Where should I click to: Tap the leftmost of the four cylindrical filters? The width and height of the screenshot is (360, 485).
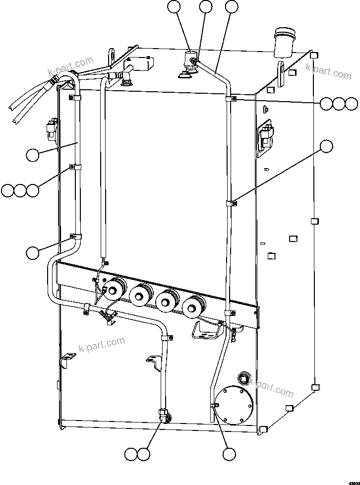click(x=115, y=290)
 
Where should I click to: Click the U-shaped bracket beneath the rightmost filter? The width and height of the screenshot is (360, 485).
click(x=205, y=330)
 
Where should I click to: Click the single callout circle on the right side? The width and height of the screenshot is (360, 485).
click(x=326, y=146)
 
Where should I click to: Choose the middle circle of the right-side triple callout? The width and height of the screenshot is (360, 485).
click(x=338, y=104)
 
